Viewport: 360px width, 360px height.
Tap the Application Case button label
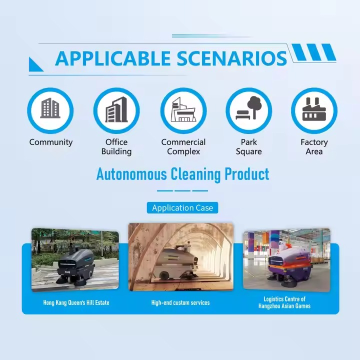click(182, 207)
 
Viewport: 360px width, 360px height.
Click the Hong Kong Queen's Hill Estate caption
click(76, 302)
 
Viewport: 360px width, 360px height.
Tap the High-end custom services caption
click(180, 302)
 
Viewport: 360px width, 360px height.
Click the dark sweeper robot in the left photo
click(75, 265)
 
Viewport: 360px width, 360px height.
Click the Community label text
click(51, 142)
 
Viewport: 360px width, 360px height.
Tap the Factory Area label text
click(314, 146)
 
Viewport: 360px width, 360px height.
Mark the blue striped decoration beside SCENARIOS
click(313, 52)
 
